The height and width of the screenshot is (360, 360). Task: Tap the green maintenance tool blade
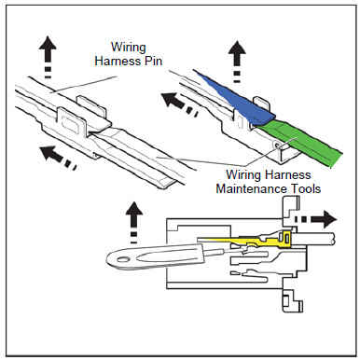tap(298, 142)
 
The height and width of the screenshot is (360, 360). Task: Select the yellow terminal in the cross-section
tap(249, 241)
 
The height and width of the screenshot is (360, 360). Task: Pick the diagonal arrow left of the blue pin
tap(179, 104)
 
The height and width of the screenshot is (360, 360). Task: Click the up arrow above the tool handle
tap(134, 222)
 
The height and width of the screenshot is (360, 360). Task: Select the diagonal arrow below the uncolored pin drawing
tap(59, 158)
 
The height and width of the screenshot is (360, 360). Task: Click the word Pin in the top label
tap(153, 61)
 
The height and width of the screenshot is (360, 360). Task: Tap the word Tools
tap(306, 188)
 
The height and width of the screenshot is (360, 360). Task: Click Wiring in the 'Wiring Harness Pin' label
tap(129, 48)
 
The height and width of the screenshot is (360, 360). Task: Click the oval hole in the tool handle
tap(122, 258)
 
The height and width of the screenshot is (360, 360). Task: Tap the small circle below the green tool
tap(277, 145)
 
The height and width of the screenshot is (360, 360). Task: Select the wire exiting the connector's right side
tap(314, 239)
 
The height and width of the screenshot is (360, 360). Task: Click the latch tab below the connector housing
tap(292, 300)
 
